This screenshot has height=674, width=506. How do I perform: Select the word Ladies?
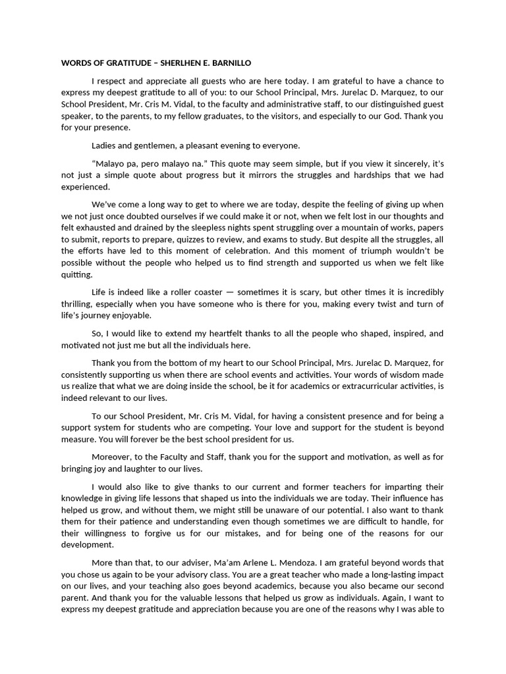[105, 145]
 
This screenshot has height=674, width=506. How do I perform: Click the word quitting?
[77, 274]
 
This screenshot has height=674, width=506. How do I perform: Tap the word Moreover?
[113, 457]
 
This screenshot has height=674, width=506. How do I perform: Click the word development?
[88, 545]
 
